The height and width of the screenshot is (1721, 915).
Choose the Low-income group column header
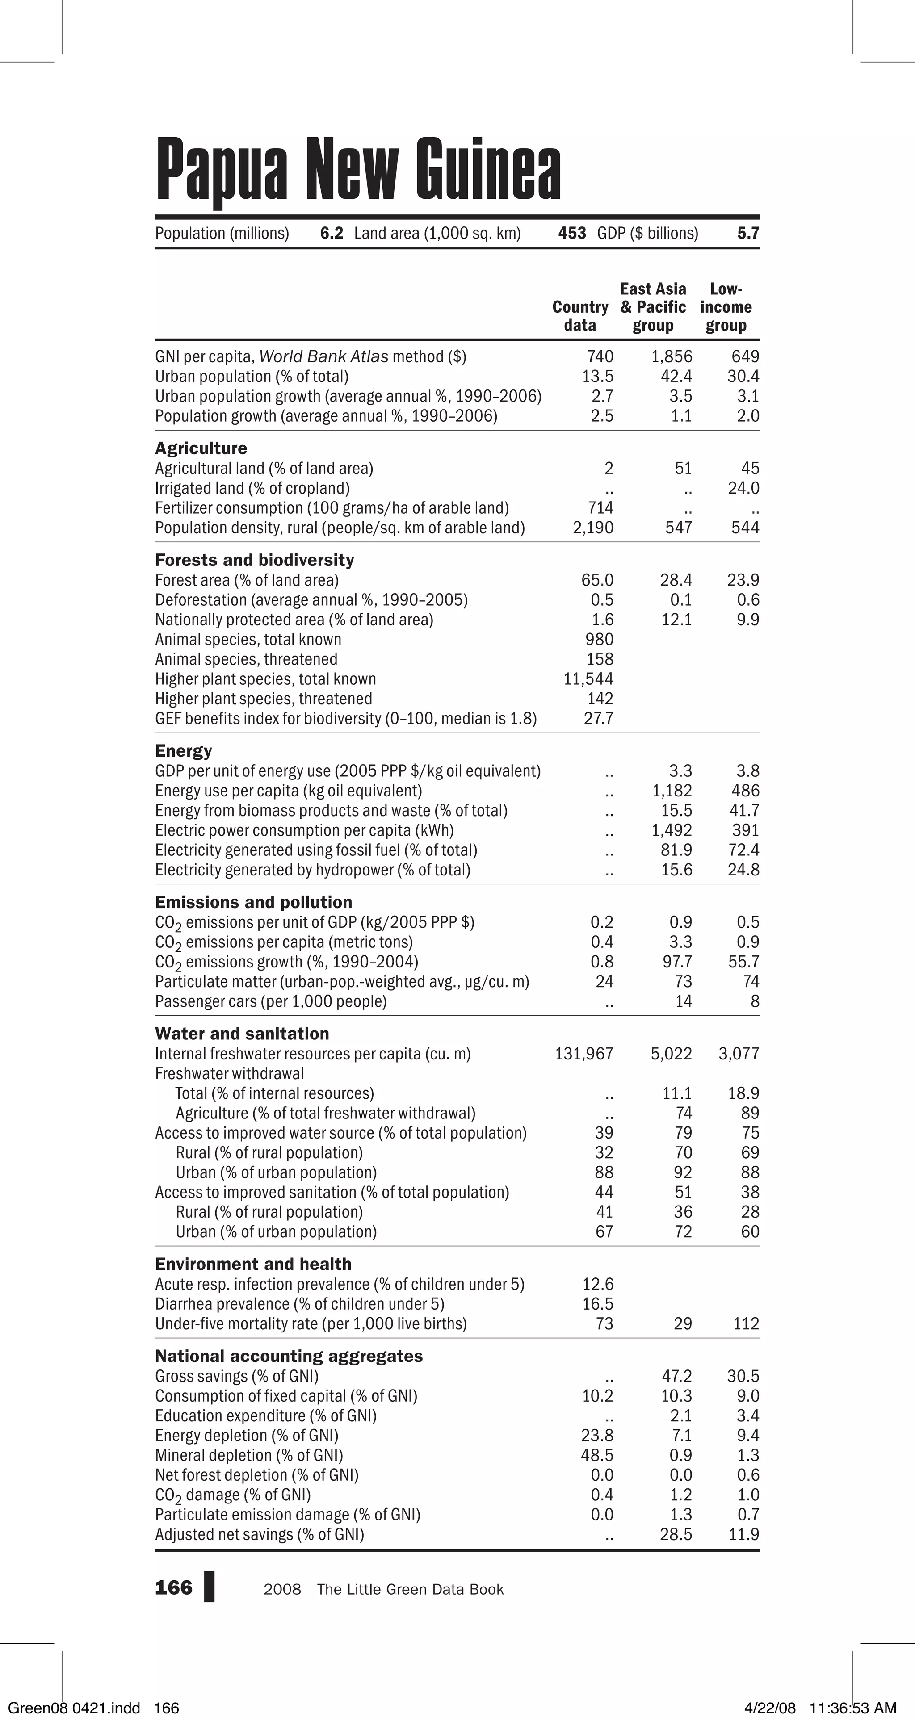tap(726, 307)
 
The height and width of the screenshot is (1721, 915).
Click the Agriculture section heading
tap(201, 448)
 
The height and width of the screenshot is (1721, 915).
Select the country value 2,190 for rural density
tap(593, 528)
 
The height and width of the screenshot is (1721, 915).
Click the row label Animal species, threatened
tap(246, 659)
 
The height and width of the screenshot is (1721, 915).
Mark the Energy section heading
tap(183, 751)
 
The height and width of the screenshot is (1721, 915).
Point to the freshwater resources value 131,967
tap(583, 1054)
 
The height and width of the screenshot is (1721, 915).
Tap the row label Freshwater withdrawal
tap(229, 1074)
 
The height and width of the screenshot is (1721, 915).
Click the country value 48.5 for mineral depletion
tap(597, 1455)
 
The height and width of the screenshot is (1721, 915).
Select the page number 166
tap(173, 1588)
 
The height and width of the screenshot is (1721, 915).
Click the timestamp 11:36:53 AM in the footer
tap(852, 1708)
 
